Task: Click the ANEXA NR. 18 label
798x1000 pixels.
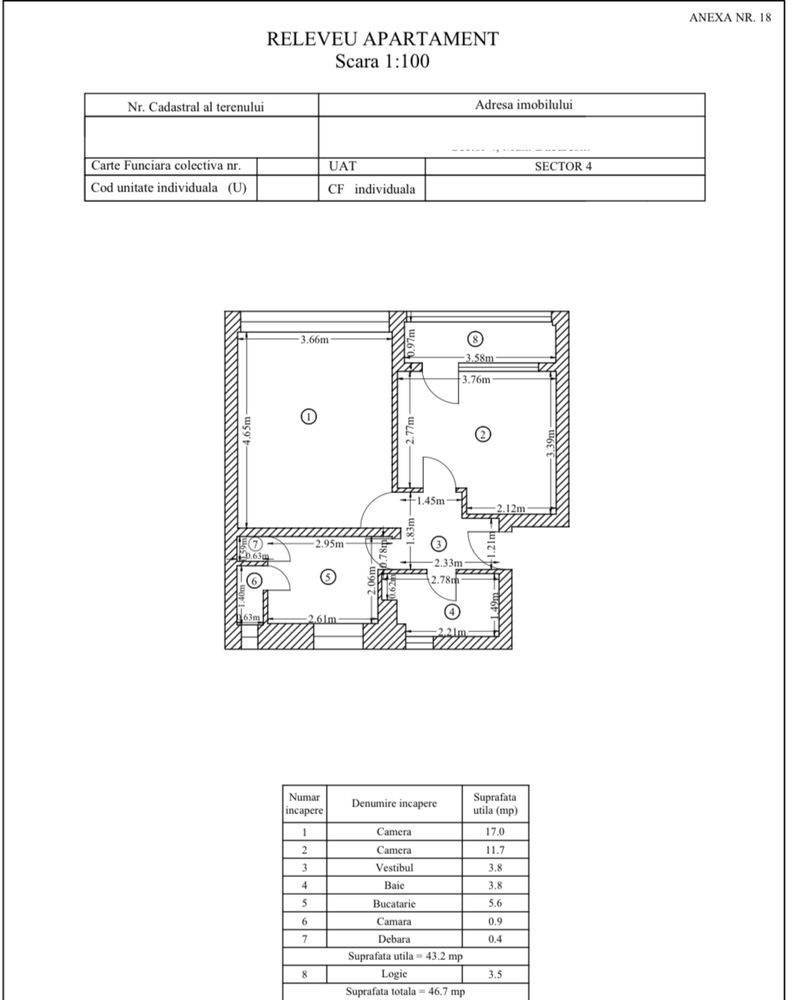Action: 730,17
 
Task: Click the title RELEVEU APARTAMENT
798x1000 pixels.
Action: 382,39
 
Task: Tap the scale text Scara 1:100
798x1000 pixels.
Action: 382,60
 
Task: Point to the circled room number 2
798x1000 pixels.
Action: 483,434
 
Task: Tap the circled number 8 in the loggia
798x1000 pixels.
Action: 476,339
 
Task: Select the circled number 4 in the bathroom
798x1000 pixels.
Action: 452,612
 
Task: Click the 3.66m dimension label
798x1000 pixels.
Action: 314,340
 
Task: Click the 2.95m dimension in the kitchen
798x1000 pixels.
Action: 329,545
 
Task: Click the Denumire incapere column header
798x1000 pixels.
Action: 394,804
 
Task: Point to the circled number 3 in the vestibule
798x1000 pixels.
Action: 439,543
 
